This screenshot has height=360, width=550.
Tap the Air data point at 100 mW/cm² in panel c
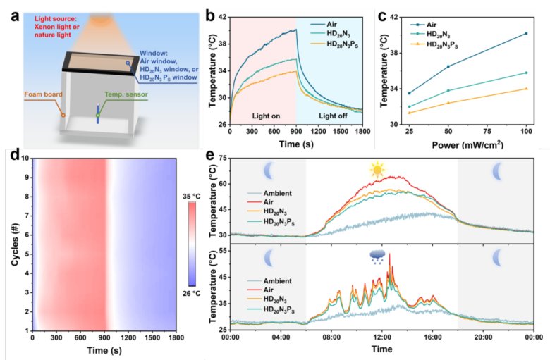(526, 33)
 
